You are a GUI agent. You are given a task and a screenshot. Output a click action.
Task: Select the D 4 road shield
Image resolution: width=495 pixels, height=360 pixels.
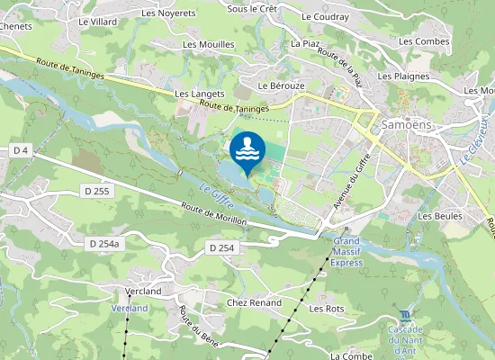click(x=22, y=149)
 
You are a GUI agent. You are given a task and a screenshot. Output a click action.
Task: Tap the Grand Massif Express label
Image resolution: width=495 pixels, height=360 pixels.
click(x=347, y=252)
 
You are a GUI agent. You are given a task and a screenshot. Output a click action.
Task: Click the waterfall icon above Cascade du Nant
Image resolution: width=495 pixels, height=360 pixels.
click(x=405, y=315)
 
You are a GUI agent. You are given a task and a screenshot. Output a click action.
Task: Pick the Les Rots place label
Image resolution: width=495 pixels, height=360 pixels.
click(x=327, y=309)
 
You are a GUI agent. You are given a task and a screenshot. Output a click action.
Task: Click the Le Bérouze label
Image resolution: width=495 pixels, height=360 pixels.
click(x=277, y=85)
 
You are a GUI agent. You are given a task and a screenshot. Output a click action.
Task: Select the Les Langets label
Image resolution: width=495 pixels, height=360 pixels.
click(x=193, y=94)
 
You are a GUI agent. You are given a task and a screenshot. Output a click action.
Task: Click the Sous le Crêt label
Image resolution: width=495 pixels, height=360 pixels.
click(x=251, y=8)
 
